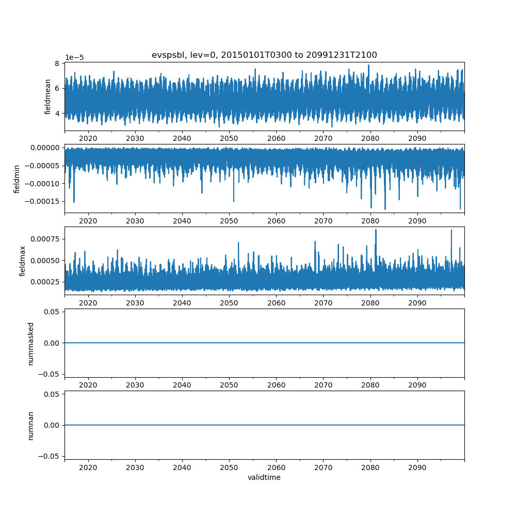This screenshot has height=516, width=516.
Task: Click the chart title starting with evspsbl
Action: tap(264, 55)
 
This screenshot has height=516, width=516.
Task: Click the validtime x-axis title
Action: tap(264, 477)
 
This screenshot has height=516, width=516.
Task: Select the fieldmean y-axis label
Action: tap(47, 97)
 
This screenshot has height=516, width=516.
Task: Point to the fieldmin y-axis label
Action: tap(17, 179)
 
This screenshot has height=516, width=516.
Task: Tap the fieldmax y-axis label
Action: tap(22, 261)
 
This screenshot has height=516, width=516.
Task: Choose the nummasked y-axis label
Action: tap(30, 344)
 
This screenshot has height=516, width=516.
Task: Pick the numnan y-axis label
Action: tap(30, 426)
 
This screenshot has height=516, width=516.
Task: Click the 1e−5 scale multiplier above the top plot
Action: tap(74, 58)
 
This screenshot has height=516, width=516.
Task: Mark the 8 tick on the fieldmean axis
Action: tap(57, 63)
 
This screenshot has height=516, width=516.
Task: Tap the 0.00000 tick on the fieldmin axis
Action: tap(45, 148)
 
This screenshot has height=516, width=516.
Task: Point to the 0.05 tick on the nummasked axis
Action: tap(52, 312)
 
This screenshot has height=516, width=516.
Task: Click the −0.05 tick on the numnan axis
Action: tap(49, 456)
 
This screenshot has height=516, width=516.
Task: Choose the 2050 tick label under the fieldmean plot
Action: tap(229, 138)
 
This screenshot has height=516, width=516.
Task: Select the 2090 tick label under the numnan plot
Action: tap(417, 467)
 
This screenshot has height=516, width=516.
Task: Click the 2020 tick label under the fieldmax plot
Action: tap(88, 303)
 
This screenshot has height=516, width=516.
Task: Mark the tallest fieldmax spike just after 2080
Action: tap(376, 230)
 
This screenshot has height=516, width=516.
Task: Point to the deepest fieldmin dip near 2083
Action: tap(385, 209)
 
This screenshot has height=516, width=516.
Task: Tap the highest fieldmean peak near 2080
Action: tap(368, 65)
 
